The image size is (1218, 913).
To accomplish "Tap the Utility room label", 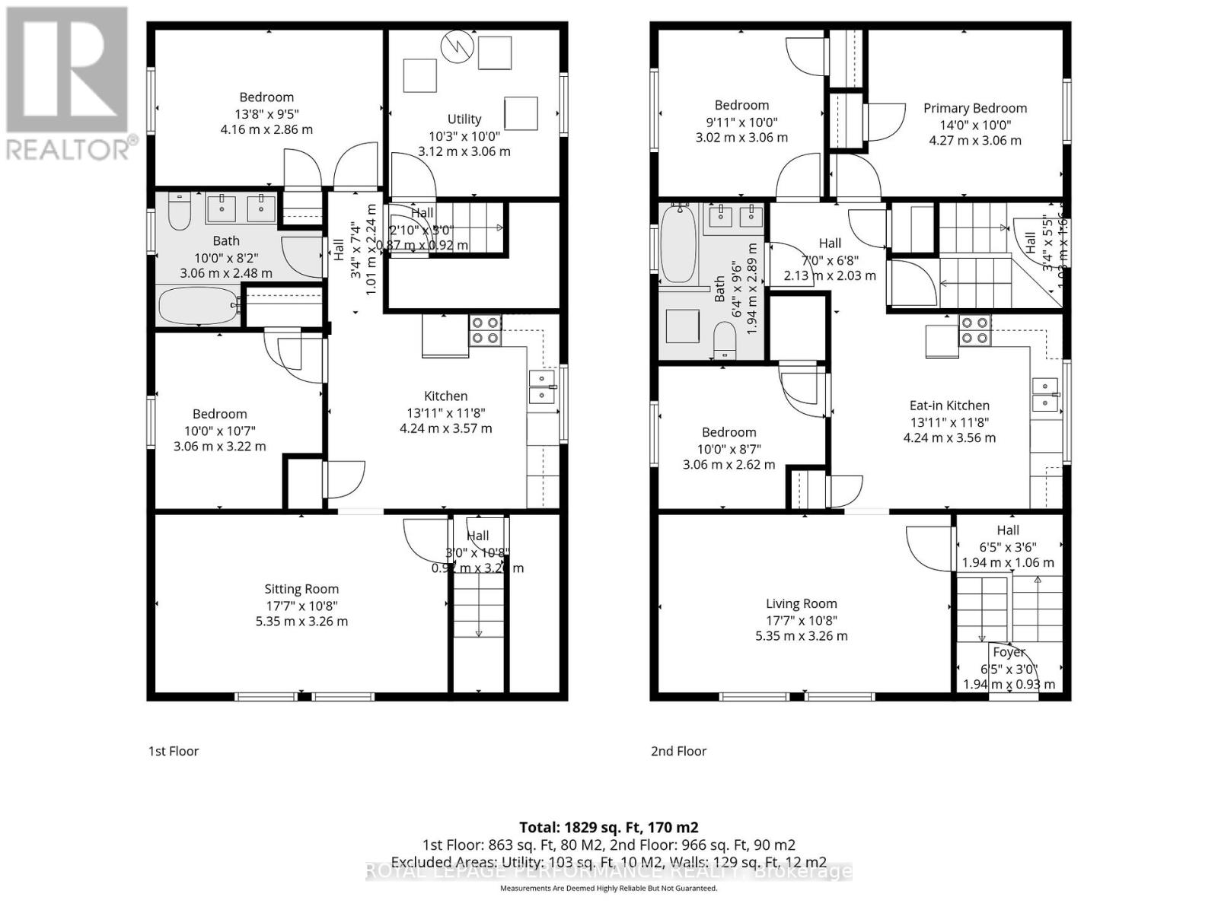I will (464, 119).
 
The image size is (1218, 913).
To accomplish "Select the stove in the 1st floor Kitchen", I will (485, 329).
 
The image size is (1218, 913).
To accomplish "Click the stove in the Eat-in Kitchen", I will (974, 329).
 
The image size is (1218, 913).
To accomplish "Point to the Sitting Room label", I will (301, 589).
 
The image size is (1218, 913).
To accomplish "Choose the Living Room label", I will (801, 603).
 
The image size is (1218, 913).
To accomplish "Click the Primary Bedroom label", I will (974, 108).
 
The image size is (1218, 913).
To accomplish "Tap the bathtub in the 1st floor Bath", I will (199, 306).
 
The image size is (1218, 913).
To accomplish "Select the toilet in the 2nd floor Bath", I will (725, 339).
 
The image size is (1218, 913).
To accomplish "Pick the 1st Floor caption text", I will (173, 751).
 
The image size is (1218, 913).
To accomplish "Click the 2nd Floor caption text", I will (678, 751).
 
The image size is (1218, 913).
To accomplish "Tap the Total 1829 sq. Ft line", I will (608, 827).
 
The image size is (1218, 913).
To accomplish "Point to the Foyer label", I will (1009, 652).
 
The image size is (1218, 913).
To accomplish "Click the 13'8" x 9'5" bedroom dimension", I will (266, 113).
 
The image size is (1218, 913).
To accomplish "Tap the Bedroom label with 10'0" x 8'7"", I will (729, 432).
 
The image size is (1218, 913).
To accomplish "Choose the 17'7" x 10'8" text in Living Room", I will (801, 619).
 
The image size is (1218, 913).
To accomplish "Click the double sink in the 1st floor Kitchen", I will (543, 387).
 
